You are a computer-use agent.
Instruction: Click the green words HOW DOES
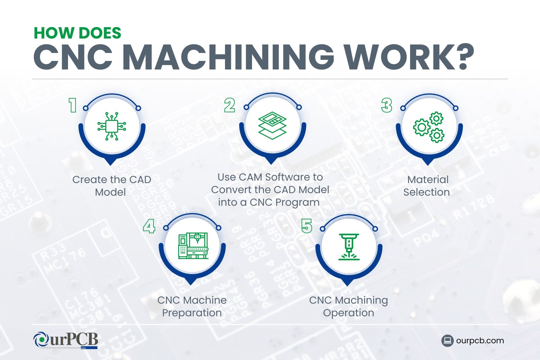pyautogui.click(x=77, y=33)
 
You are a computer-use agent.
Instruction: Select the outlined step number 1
pyautogui.click(x=73, y=105)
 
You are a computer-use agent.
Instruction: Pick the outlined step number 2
pyautogui.click(x=229, y=105)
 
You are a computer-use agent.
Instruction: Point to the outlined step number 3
pyautogui.click(x=387, y=105)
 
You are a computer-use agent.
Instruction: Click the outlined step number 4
pyautogui.click(x=149, y=226)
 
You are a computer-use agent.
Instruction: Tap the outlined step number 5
pyautogui.click(x=307, y=226)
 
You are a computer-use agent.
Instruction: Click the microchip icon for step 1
pyautogui.click(x=112, y=126)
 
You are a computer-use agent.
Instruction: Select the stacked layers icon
pyautogui.click(x=272, y=125)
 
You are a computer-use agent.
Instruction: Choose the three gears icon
pyautogui.click(x=429, y=127)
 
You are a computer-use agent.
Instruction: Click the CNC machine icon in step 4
pyautogui.click(x=193, y=246)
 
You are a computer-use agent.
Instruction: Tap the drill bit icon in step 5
pyautogui.click(x=349, y=247)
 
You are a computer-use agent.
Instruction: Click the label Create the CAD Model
pyautogui.click(x=112, y=186)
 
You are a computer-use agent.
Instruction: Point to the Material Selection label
pyautogui.click(x=427, y=186)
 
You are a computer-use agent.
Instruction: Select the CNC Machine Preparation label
pyautogui.click(x=192, y=307)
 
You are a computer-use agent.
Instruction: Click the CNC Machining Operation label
pyautogui.click(x=348, y=307)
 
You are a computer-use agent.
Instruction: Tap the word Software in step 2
pyautogui.click(x=287, y=177)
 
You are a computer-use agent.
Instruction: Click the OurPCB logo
pyautogui.click(x=66, y=340)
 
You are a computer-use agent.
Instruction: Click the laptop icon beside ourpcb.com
pyautogui.click(x=447, y=341)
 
